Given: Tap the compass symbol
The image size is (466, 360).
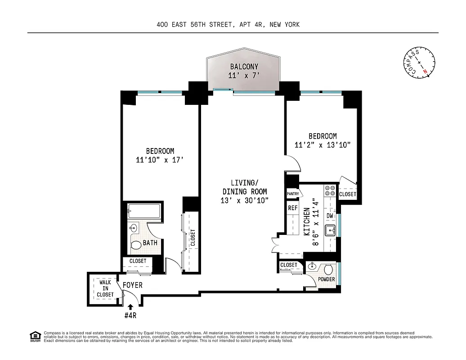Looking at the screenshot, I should pos(419,63).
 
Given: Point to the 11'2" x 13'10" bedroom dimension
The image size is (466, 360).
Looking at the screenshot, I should pos(322,144).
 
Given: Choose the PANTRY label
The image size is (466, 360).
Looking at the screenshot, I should pos(292,193).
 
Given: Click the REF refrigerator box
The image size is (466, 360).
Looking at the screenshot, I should pos(293,208).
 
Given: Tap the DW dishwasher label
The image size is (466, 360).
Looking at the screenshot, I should pos(330,216).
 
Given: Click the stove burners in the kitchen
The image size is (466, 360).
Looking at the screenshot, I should pos(330,191).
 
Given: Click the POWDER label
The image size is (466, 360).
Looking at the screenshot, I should pos(326,279).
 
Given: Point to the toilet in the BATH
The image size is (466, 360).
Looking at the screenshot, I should pos(136,246).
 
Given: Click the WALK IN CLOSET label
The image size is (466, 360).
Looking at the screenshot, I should pos(105,288).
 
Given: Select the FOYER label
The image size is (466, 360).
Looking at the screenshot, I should pos(132,285).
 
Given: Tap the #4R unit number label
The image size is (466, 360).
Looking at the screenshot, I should pos(130,315).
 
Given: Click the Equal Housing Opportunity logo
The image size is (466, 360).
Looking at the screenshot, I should pos(34,336).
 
